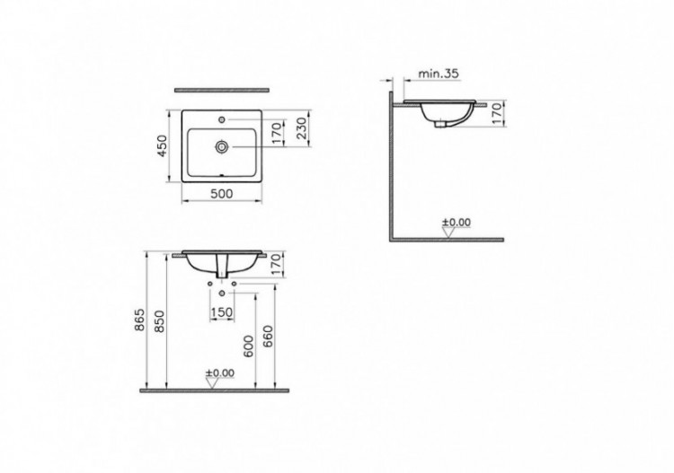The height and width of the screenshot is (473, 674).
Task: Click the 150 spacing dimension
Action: click(x=221, y=311)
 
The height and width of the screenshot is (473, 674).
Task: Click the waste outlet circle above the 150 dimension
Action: click(x=221, y=294)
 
